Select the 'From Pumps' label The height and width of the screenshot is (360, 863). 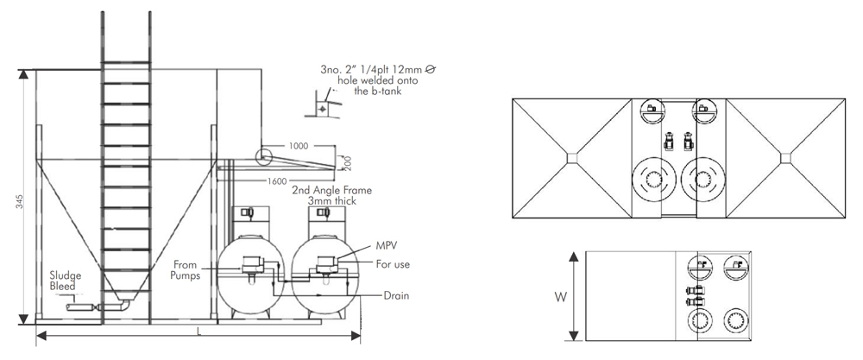(x=186, y=269)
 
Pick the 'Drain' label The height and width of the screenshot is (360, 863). (x=395, y=296)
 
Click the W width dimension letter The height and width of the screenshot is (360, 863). (x=560, y=298)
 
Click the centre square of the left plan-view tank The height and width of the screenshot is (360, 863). (x=571, y=157)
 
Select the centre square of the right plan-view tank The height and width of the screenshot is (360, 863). (x=784, y=157)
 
